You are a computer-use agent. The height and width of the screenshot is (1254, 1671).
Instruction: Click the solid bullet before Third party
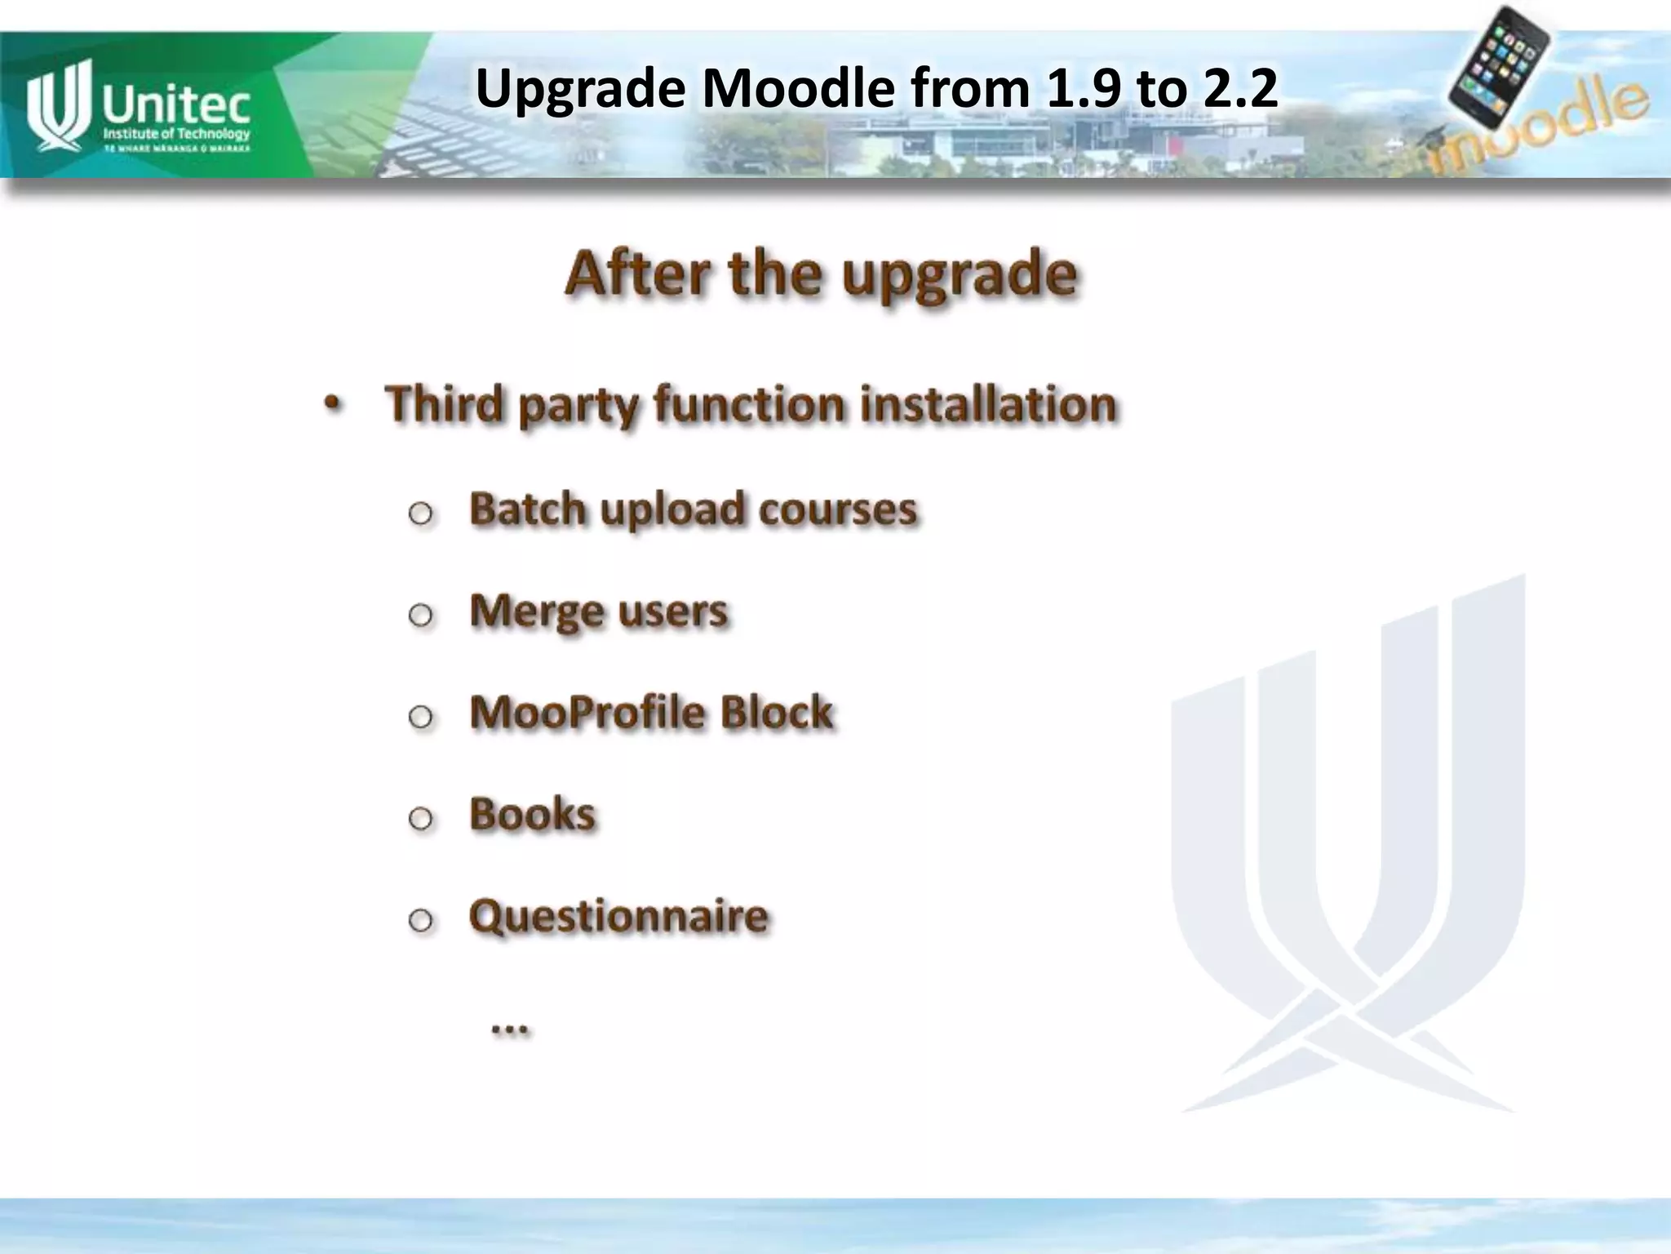[x=331, y=404]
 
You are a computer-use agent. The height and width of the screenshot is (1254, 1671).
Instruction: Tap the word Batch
[x=527, y=509]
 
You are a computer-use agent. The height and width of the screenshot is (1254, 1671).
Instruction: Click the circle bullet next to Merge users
[x=420, y=615]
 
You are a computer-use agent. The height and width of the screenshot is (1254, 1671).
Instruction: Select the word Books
[x=532, y=814]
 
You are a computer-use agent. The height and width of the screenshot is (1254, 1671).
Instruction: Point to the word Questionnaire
[x=618, y=916]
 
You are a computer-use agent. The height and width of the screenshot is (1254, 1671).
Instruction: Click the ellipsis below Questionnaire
[x=510, y=1029]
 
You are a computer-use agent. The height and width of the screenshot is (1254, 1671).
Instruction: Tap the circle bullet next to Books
[x=420, y=818]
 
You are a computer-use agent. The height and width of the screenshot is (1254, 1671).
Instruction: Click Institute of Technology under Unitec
[x=175, y=134]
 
